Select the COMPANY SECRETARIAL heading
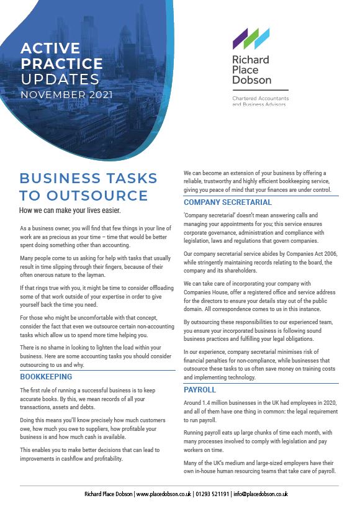point(228,202)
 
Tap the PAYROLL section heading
point(199,389)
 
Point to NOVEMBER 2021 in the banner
point(66,95)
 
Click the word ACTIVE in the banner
point(50,48)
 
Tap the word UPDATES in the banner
point(60,79)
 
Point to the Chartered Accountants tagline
point(260,99)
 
